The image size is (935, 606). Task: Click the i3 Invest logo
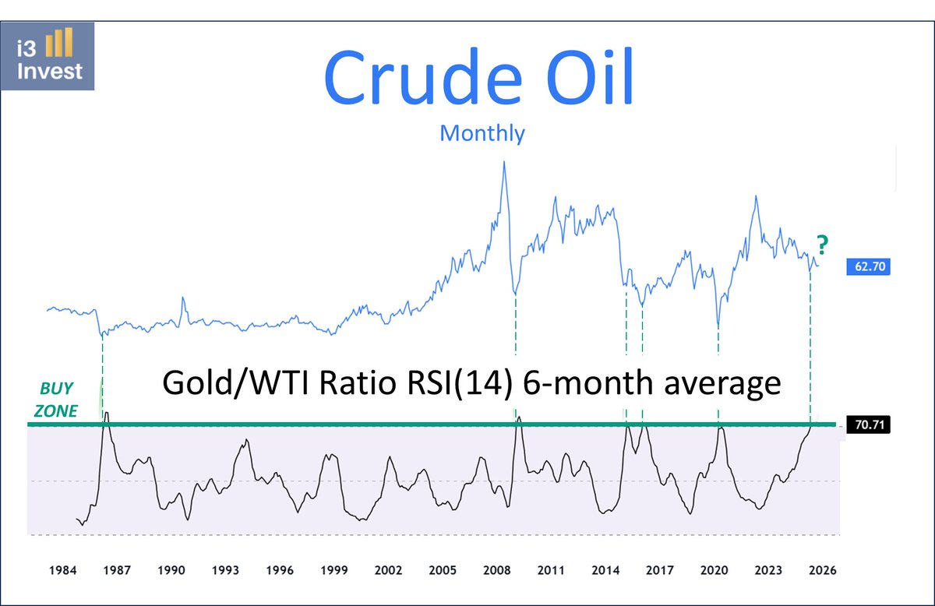pos(52,55)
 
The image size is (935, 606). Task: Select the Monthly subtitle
pos(482,132)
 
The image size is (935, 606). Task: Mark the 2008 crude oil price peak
pos(504,162)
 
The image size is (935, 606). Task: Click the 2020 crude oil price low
pos(718,328)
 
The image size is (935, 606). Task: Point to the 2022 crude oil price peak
pos(755,196)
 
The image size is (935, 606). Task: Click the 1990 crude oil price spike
pos(183,298)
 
